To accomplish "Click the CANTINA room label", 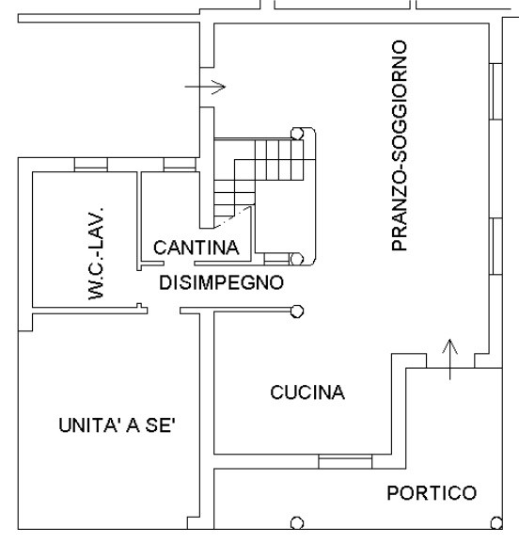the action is click(197, 248).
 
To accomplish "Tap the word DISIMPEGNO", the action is click(222, 282).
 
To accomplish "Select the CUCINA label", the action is click(307, 392).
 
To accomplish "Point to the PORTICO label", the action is click(432, 493).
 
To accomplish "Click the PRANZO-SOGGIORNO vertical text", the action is click(400, 145).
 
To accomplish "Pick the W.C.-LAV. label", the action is click(96, 253).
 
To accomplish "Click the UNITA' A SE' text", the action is click(117, 425).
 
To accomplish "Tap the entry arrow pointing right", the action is click(205, 87).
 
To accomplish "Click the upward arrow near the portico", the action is click(450, 360).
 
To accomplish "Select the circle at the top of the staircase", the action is click(297, 134).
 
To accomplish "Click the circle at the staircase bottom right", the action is click(296, 259).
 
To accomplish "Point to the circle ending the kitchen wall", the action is click(297, 312).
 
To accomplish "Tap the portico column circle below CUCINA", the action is click(297, 523).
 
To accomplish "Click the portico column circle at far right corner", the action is click(496, 523).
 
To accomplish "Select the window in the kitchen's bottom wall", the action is click(345, 461).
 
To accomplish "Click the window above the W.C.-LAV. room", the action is click(91, 165).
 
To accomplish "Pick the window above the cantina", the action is click(180, 165).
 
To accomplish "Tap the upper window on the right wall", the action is click(495, 91).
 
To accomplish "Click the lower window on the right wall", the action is click(495, 247).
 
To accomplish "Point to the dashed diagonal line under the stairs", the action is click(232, 217).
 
